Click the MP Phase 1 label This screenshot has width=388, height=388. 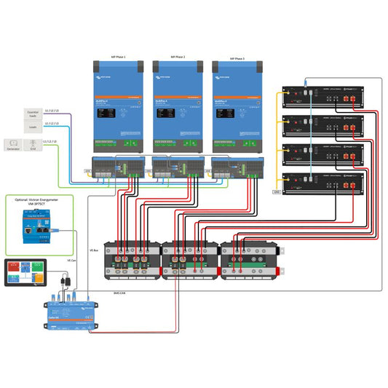click(x=118, y=56)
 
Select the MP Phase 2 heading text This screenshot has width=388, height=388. click(x=178, y=56)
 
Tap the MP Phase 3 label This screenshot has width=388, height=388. click(x=237, y=56)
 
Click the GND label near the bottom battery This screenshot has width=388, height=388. click(x=276, y=192)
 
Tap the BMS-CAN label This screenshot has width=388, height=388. click(x=120, y=292)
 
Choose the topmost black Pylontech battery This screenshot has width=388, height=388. click(x=323, y=97)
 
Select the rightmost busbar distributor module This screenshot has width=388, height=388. click(x=249, y=260)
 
